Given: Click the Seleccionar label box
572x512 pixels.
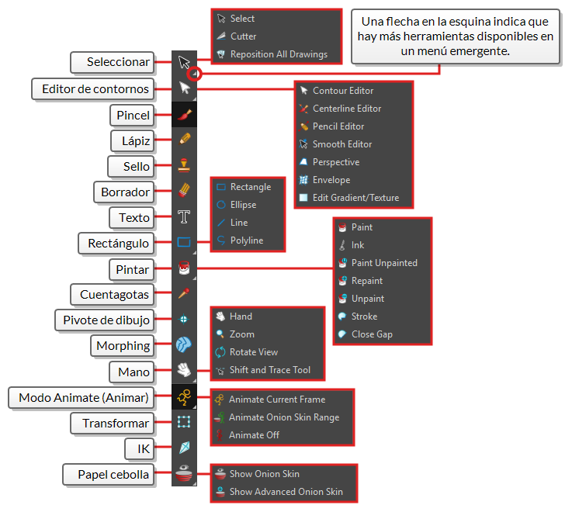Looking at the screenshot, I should (x=118, y=61).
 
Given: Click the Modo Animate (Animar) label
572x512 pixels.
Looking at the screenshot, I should (x=84, y=399).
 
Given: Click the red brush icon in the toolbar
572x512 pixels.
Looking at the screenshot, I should (x=184, y=115).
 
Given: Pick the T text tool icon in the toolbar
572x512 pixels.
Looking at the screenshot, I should (x=184, y=216).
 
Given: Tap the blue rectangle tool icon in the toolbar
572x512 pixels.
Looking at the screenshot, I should (x=184, y=242).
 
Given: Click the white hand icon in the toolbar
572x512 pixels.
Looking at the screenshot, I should (x=184, y=371).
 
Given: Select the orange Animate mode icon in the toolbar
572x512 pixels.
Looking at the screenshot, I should (x=184, y=398).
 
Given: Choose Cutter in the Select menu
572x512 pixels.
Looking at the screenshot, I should (x=243, y=36).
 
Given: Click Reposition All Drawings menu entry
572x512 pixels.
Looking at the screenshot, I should (x=279, y=54).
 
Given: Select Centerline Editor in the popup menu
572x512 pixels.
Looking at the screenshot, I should (x=346, y=109).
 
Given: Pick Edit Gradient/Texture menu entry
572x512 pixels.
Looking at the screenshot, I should (x=355, y=198).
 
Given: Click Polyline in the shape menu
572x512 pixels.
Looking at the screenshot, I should (x=246, y=240).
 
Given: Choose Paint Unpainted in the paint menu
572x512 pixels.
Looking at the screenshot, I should (x=383, y=263).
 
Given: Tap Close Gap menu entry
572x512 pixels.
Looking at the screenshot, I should (x=371, y=334).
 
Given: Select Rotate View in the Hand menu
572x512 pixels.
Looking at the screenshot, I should (x=254, y=352).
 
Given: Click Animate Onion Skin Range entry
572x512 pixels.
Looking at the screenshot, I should (x=283, y=417).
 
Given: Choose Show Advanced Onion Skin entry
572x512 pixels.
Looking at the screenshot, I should (x=285, y=492).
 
